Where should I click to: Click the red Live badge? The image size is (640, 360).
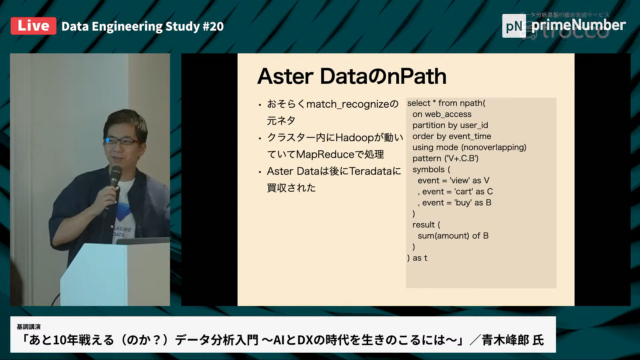point(33,26)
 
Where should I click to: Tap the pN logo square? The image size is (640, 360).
point(514,26)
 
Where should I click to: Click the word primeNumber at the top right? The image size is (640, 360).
point(579,25)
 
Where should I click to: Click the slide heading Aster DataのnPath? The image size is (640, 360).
point(352,76)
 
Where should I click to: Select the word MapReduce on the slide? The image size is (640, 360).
point(325,154)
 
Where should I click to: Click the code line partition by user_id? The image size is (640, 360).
point(450,125)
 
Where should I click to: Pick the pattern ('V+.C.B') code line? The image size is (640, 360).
point(445,158)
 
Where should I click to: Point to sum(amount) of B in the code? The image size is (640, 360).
point(453,236)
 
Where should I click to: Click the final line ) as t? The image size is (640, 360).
point(417,258)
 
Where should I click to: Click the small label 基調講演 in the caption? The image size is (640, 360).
point(29,327)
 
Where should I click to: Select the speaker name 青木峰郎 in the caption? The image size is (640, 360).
point(505,340)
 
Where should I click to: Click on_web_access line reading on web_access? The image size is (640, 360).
point(442,114)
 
